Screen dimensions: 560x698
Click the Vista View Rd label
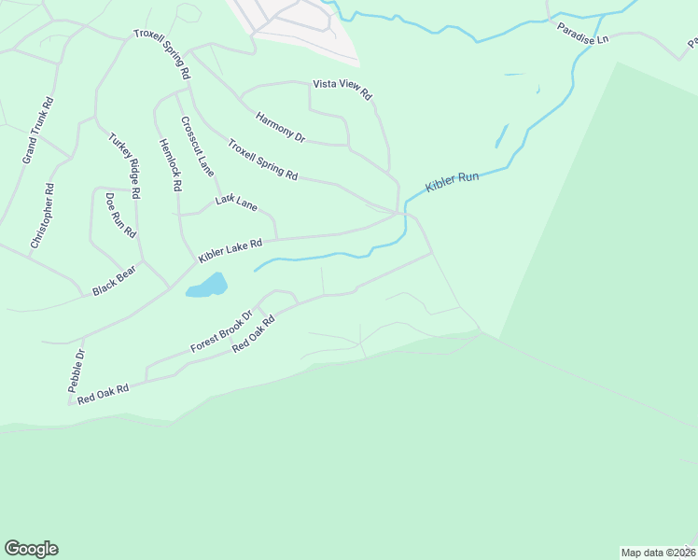click(x=342, y=90)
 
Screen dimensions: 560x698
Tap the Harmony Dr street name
click(x=281, y=127)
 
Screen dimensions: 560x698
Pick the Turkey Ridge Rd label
click(x=124, y=165)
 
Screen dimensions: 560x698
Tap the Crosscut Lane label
click(x=198, y=146)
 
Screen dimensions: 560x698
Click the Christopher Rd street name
click(x=43, y=215)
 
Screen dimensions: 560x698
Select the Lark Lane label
click(x=236, y=201)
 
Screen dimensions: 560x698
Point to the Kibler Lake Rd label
click(x=230, y=249)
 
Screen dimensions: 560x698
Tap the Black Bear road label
click(x=114, y=280)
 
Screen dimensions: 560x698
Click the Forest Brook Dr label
click(x=221, y=331)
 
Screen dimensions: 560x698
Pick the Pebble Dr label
click(x=78, y=370)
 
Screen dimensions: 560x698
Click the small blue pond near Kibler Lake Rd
click(x=207, y=285)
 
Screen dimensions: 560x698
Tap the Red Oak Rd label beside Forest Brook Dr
click(x=253, y=333)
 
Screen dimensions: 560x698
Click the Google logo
click(x=31, y=549)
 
